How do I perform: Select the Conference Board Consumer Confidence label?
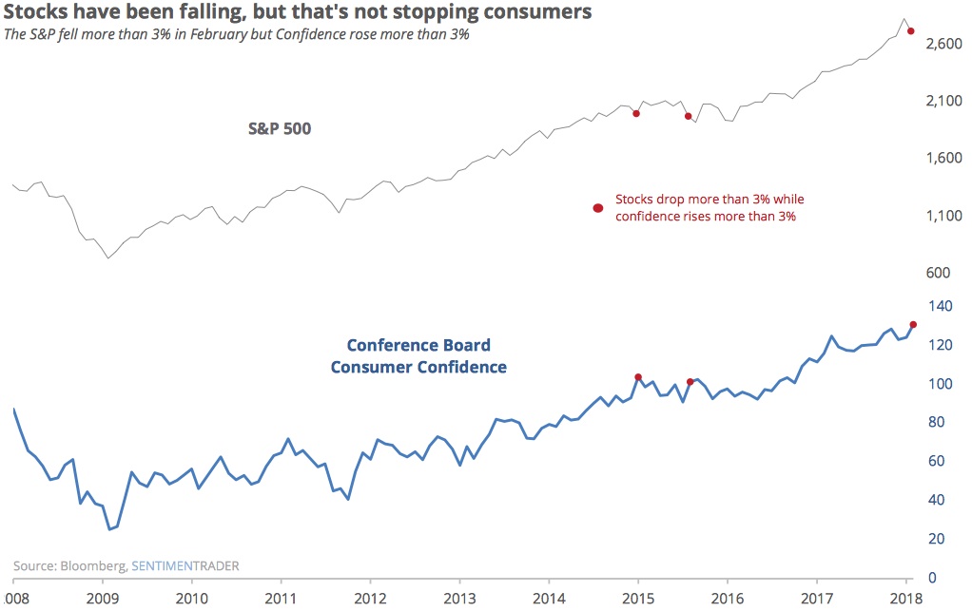point(418,356)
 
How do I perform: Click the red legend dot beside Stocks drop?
point(598,208)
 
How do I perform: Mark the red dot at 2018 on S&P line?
point(911,31)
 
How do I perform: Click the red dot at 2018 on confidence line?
point(913,325)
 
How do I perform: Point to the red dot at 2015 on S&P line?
point(636,113)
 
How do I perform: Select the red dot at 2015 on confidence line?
point(638,377)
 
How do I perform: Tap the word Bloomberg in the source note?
point(91,566)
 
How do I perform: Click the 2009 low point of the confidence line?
point(110,529)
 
